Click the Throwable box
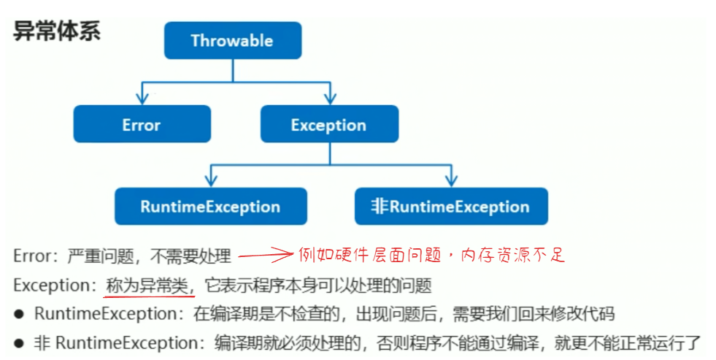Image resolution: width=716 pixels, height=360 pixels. pos(232,40)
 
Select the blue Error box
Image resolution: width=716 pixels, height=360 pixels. pos(142,124)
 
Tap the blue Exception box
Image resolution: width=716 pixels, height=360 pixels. pos(329,124)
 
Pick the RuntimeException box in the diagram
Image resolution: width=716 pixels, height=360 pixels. pos(210,206)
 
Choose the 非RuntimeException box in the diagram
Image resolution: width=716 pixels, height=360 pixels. pos(450,206)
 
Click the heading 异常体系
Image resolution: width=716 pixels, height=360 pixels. pos(57,32)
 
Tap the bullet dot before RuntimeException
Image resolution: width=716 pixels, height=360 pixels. pos(20,314)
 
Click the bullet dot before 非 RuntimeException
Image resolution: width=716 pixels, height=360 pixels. pos(20,342)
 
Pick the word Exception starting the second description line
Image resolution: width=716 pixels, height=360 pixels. pos(45,286)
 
